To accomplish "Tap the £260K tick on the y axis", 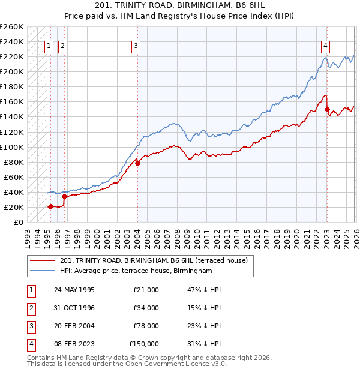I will (x=12, y=27).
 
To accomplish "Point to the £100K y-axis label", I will (x=12, y=147).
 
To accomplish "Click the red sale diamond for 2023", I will (x=327, y=110).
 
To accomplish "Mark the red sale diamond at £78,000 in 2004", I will (x=137, y=163).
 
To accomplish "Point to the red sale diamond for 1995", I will (x=50, y=206).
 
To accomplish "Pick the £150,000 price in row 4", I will (x=144, y=344).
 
